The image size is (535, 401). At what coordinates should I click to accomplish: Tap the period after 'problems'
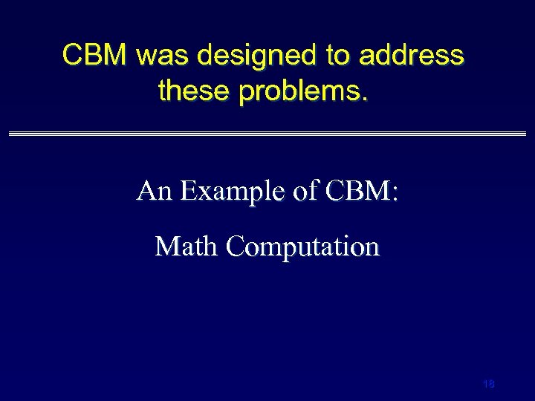(363, 99)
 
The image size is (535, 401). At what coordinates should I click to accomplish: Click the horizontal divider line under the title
(267, 134)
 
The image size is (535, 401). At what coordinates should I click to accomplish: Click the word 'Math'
(186, 246)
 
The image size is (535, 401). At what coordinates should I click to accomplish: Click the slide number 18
(488, 384)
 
